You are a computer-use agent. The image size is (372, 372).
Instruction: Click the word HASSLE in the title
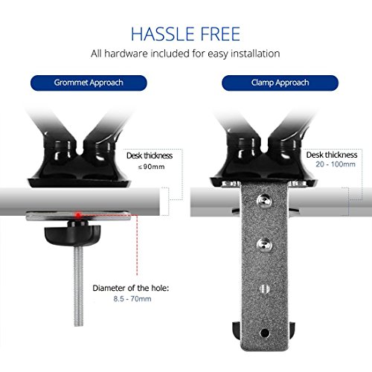[x=162, y=33]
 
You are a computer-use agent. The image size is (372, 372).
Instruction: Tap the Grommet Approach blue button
[x=89, y=83]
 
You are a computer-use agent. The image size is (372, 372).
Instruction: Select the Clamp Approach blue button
[x=280, y=83]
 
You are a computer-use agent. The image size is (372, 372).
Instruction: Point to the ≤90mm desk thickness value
[x=151, y=167]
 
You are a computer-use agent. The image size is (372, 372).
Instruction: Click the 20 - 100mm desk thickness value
[x=336, y=164]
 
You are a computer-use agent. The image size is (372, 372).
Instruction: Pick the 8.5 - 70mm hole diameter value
[x=132, y=298]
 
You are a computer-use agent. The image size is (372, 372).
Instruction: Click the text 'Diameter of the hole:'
[x=131, y=288]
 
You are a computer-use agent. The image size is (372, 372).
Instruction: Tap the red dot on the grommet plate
[x=78, y=215]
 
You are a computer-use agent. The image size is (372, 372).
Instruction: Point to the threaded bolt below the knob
[x=79, y=286]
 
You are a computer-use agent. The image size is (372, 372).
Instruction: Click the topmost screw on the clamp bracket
[x=264, y=201]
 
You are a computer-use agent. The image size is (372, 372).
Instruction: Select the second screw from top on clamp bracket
[x=264, y=244]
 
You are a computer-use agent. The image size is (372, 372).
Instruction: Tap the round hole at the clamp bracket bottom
[x=265, y=333]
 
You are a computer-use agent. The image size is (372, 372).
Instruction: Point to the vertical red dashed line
[x=137, y=246]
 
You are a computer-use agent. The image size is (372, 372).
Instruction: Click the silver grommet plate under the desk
[x=78, y=216]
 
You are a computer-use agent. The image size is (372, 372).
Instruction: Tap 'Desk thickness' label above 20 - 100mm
[x=332, y=155]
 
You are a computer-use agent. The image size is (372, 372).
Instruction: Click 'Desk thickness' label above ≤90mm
[x=150, y=155]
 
